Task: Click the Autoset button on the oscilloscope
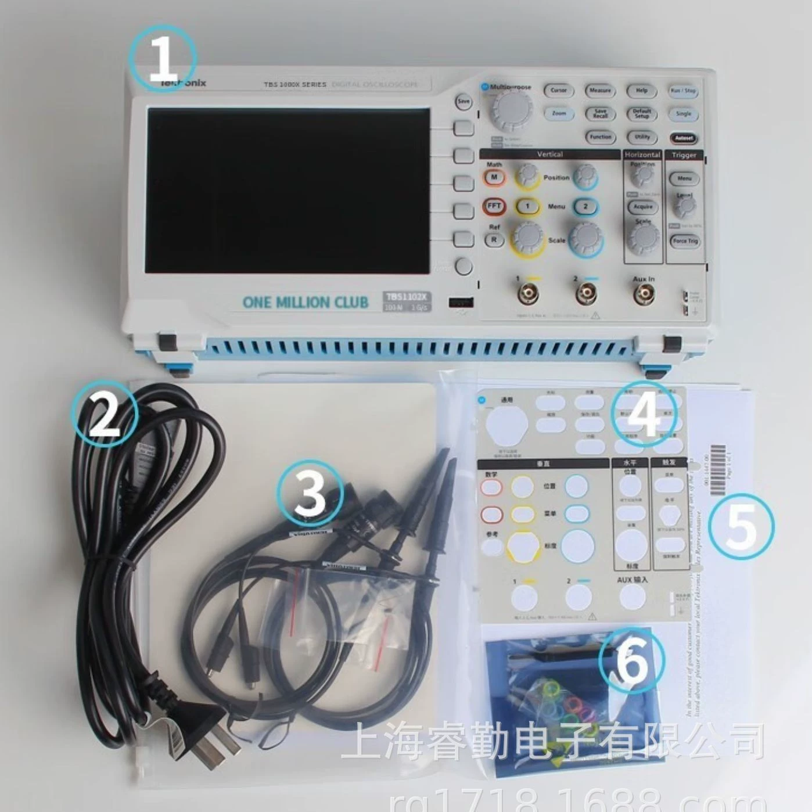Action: pos(684,138)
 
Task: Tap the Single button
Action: pos(683,114)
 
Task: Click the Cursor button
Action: pos(558,91)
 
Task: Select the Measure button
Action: pos(600,91)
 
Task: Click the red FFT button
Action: pos(494,206)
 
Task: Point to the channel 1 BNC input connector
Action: pos(529,295)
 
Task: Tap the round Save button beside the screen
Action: pos(463,102)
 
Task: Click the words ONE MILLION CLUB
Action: pos(305,302)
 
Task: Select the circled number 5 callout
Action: pos(741,526)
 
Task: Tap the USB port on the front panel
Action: pos(461,302)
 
